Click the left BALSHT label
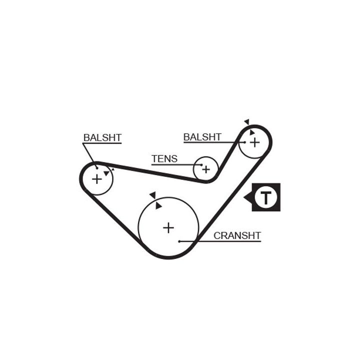(x=102, y=137)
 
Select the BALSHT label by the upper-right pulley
(x=202, y=137)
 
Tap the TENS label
(x=164, y=159)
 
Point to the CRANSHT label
(x=237, y=235)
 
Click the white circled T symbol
(x=265, y=197)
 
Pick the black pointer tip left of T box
(x=246, y=197)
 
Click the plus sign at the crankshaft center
(x=168, y=228)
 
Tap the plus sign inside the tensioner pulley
(x=205, y=169)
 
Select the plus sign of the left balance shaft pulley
(x=96, y=178)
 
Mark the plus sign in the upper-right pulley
(x=254, y=142)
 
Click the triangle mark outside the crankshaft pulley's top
(x=152, y=195)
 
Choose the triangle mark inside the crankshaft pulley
(x=158, y=205)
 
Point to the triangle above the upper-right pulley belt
(x=246, y=121)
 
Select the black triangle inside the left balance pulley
(x=106, y=173)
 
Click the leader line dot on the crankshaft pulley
(x=179, y=241)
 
